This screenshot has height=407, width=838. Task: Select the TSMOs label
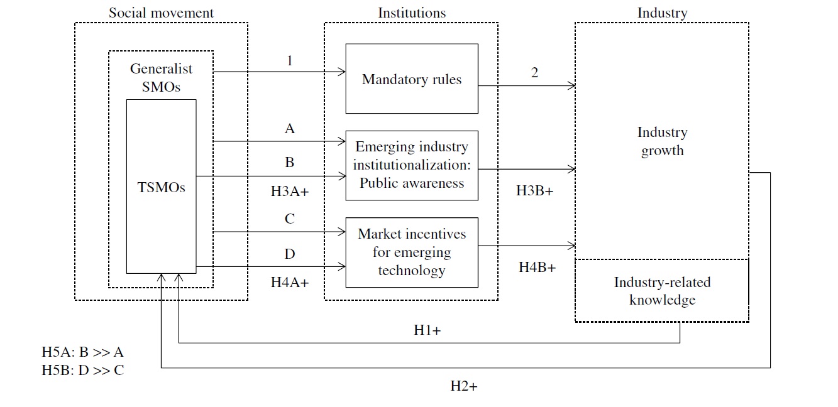(x=161, y=187)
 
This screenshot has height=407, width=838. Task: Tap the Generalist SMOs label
(x=161, y=77)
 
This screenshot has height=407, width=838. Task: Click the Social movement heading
(x=161, y=13)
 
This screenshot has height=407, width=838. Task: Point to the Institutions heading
(x=412, y=13)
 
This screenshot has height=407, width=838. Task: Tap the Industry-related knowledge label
(x=662, y=291)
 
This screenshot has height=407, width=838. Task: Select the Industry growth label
(x=662, y=141)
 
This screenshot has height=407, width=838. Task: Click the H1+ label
(x=427, y=330)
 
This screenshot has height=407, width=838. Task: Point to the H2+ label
(x=464, y=386)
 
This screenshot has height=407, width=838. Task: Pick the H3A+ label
(x=290, y=191)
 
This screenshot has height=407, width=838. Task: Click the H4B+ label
(x=538, y=267)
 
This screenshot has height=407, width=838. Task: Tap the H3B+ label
(x=534, y=190)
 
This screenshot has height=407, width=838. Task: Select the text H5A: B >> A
(x=82, y=352)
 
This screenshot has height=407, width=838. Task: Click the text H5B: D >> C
(x=83, y=370)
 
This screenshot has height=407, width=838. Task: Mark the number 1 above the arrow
(x=290, y=60)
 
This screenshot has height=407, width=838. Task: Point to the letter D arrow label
(x=290, y=254)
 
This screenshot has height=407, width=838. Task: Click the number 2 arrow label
(x=534, y=72)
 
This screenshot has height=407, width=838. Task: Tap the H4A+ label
(x=290, y=282)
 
